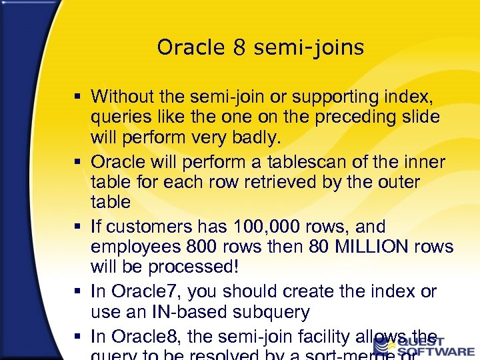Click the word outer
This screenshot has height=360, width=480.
click(x=393, y=182)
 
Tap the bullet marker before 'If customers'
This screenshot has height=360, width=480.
click(x=79, y=227)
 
